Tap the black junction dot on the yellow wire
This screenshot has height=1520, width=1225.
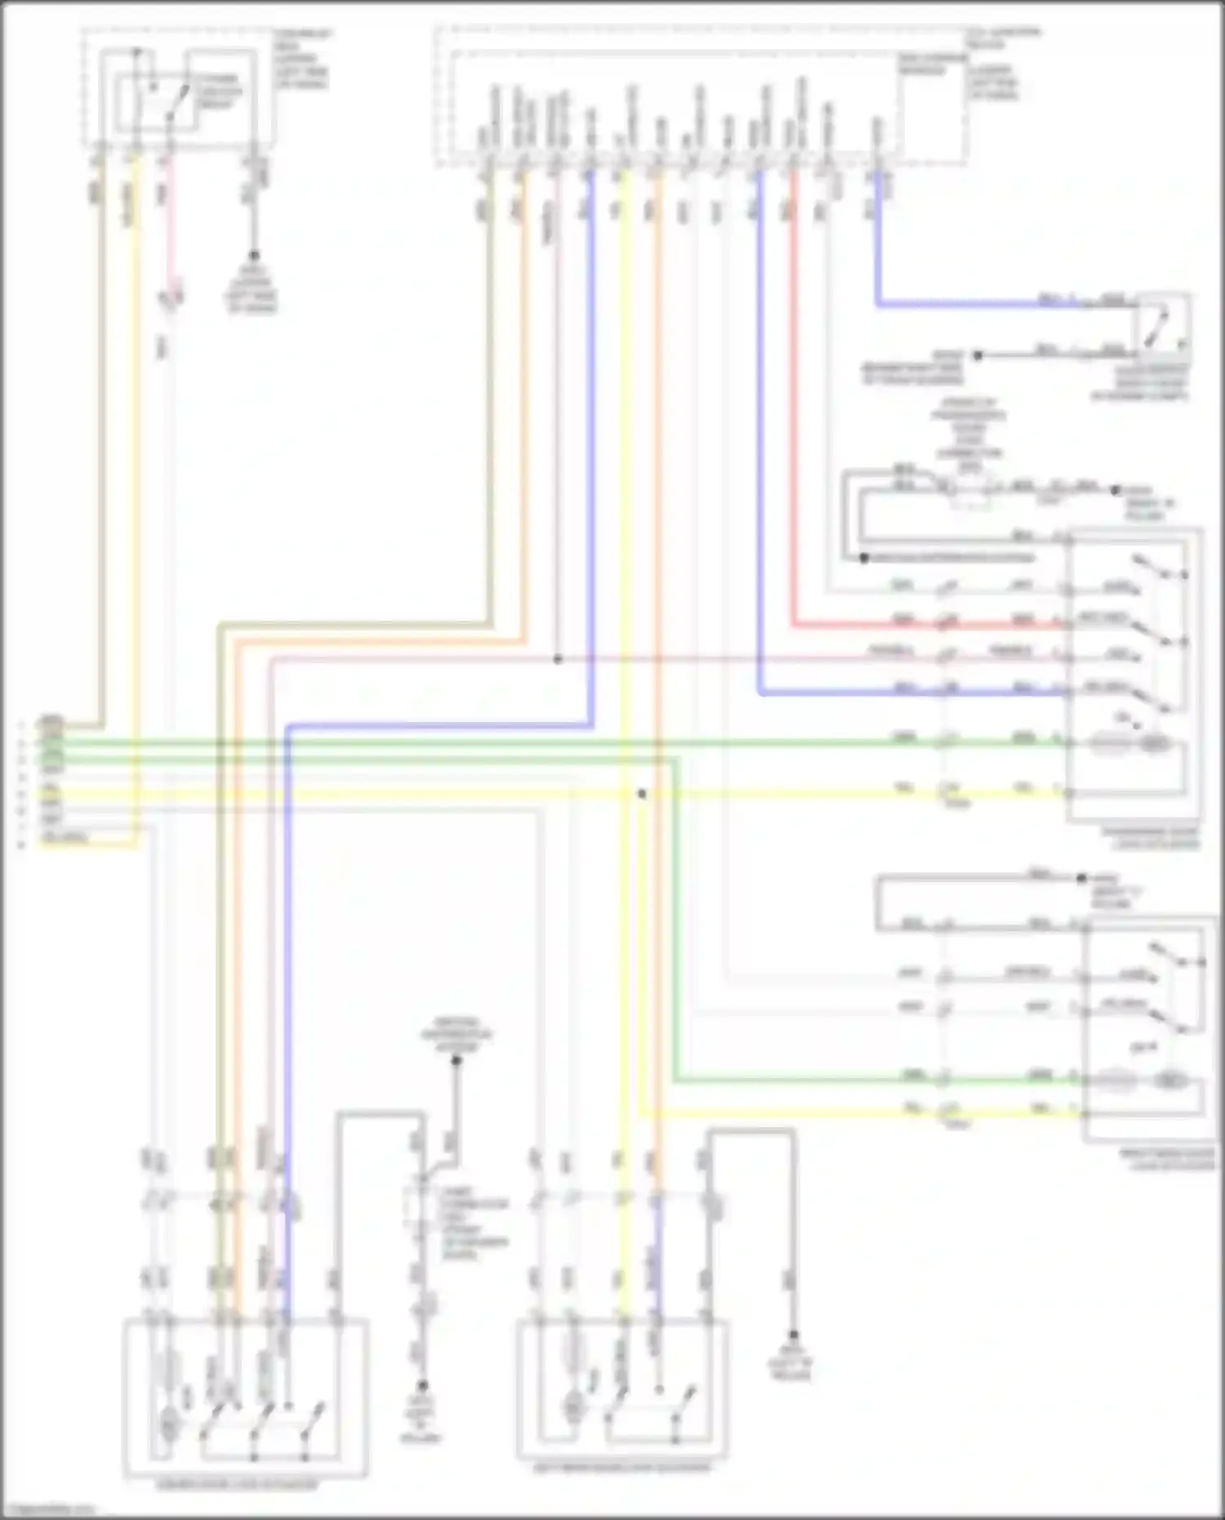click(642, 794)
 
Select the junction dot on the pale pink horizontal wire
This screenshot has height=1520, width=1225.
click(558, 658)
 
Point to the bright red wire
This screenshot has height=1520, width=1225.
click(792, 408)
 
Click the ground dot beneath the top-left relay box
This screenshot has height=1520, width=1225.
click(253, 256)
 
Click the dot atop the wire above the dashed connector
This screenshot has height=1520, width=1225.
click(457, 1060)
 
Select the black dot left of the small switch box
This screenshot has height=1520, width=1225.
click(978, 355)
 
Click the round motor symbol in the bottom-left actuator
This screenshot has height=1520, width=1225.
click(169, 1427)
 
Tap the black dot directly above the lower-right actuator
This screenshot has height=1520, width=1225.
click(1081, 879)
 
